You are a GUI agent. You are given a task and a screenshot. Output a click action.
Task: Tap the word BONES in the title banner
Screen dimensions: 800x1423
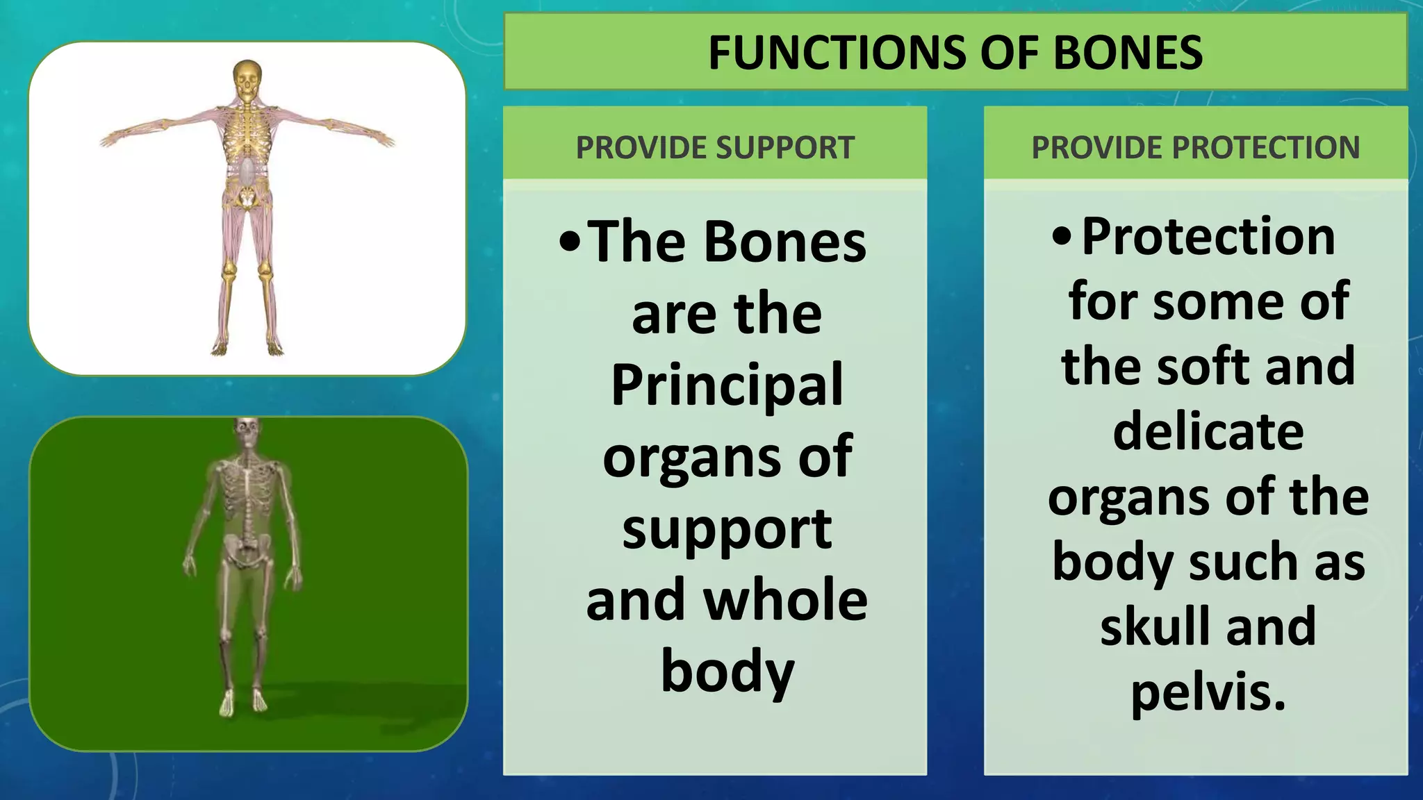[x=1128, y=53]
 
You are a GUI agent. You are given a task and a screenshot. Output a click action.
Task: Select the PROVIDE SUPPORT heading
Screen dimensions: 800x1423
[x=715, y=148]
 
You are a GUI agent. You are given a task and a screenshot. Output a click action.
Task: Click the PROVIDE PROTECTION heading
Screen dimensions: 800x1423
[x=1195, y=148]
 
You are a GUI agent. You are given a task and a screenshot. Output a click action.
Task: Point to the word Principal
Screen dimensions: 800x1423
[x=727, y=385]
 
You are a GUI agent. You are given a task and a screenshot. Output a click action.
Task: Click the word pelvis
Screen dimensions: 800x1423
[x=1208, y=692]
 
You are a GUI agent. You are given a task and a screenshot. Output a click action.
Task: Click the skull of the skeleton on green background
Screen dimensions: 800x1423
[x=246, y=433]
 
